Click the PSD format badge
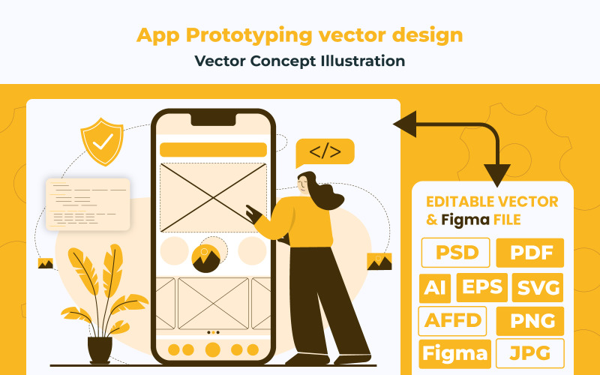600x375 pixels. coord(456,253)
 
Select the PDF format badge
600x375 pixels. coord(530,253)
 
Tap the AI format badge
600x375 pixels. coord(434,287)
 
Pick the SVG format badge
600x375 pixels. coord(538,287)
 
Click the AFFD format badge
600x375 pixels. coord(452,321)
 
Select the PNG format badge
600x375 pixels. coord(530,321)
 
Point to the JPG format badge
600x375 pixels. coord(530,353)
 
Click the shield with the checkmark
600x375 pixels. coord(103,142)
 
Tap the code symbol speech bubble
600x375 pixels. coord(325,152)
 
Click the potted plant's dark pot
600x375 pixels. coord(100,349)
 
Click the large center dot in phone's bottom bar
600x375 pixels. coord(213,349)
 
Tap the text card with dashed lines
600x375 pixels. coord(88,203)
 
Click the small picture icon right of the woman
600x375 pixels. coord(379,262)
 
